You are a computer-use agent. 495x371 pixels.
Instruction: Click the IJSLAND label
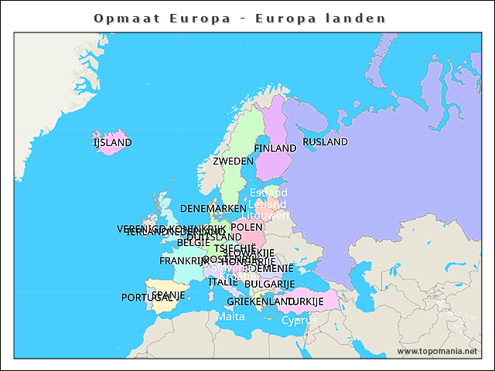(112, 142)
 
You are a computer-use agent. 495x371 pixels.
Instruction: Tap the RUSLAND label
(325, 141)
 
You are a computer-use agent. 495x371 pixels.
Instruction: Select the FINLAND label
(275, 148)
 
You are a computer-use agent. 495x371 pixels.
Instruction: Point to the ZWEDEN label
(233, 161)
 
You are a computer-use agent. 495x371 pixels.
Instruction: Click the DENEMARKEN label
(213, 209)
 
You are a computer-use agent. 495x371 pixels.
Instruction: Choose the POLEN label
(247, 227)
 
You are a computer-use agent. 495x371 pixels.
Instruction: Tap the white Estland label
(268, 192)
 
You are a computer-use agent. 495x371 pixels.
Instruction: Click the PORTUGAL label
(145, 298)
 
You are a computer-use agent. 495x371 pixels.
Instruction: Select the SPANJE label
(169, 294)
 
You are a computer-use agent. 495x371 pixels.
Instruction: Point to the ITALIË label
(223, 282)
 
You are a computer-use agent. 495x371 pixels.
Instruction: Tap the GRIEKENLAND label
(258, 301)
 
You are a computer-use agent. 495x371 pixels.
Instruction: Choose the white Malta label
(230, 317)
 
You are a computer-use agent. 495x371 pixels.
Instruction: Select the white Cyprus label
(299, 320)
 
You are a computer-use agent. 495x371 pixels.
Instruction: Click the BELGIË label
(193, 242)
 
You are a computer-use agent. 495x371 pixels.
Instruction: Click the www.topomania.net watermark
(437, 351)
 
